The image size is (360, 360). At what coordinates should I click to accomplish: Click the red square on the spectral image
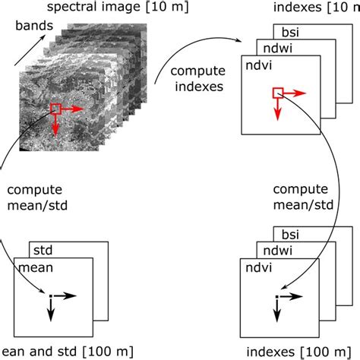[x=55, y=109]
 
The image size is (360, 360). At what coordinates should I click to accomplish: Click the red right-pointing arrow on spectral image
[x=72, y=109]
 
